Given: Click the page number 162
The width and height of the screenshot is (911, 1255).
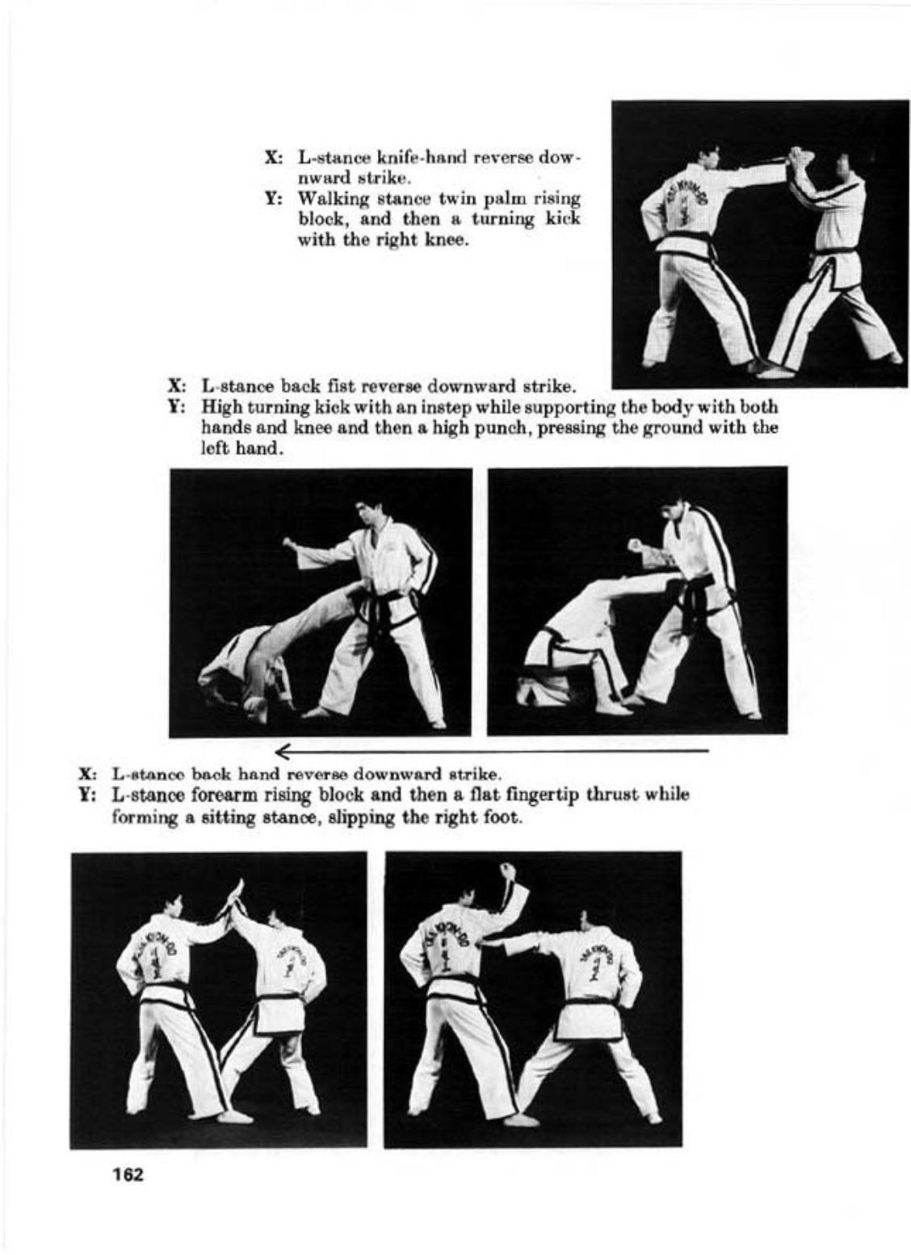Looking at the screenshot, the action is (128, 1175).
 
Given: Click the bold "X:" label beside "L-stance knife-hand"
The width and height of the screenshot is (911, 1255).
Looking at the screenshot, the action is (274, 157).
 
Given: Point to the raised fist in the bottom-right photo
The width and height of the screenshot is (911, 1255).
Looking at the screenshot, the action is (508, 869).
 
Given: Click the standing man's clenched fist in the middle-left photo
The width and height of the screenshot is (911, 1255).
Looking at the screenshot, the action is (290, 543).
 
